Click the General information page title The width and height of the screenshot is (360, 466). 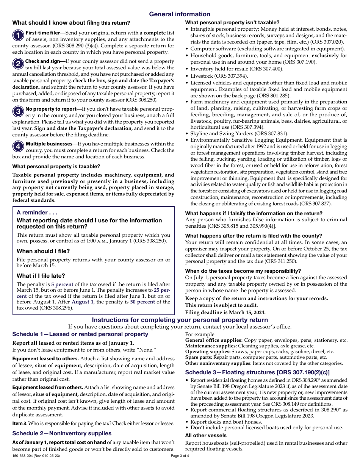coord(180,14)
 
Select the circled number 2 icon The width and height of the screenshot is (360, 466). coord(18,64)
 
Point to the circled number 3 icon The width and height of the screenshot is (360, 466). coord(18,112)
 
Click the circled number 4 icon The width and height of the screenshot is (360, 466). coord(18,147)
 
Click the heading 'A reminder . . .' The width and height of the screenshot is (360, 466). coord(37,213)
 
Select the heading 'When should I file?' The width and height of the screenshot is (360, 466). coord(43,251)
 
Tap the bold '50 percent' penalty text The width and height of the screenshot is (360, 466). coord(142,302)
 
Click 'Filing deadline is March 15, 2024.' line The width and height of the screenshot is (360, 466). coord(225,313)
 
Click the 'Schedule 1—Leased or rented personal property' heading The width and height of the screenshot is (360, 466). coord(80,334)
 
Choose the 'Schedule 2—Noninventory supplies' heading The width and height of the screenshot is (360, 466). coord(62,433)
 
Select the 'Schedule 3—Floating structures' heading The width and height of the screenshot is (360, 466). coord(257,372)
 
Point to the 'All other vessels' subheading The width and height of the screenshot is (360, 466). coord(206,436)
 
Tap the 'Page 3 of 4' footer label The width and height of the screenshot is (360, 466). coord(180,456)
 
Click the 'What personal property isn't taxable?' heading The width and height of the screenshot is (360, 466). coord(232,23)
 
